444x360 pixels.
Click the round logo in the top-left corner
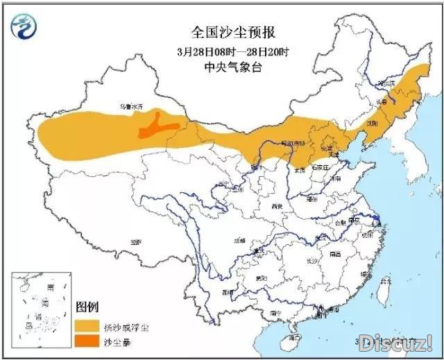click(24, 26)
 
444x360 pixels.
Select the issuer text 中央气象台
click(224, 67)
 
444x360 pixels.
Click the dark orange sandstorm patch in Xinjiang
click(157, 126)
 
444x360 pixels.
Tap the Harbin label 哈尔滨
click(386, 83)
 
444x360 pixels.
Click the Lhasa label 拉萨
click(135, 242)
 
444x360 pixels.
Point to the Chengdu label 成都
click(239, 240)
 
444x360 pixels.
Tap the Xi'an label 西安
click(278, 206)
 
